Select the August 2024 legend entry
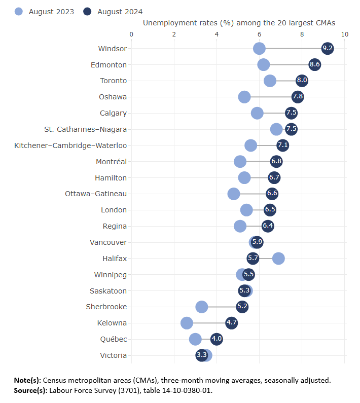(x=114, y=11)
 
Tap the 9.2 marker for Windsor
(x=328, y=49)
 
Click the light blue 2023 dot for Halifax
(x=278, y=259)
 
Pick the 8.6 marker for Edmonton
(x=315, y=65)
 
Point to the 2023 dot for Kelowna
(x=187, y=323)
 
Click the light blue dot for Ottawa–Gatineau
(x=234, y=194)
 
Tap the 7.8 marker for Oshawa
(x=298, y=97)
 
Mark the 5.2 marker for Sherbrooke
(x=242, y=307)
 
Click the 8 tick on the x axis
(x=302, y=34)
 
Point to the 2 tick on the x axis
(x=174, y=34)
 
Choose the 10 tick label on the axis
(x=345, y=34)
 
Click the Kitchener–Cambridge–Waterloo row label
(x=70, y=145)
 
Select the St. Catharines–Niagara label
(x=85, y=129)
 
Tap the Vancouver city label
(x=108, y=242)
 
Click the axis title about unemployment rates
(x=239, y=23)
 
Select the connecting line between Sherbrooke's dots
(x=222, y=307)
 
